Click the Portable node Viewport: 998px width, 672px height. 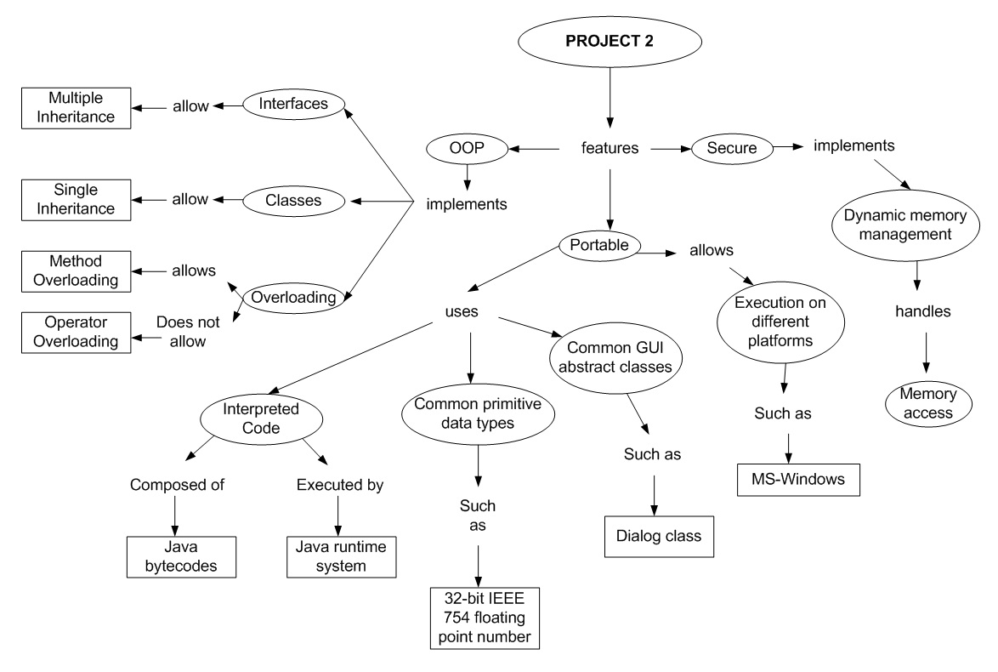pyautogui.click(x=600, y=245)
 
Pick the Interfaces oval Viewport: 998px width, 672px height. pyautogui.click(x=293, y=105)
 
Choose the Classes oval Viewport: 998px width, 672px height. pyautogui.click(x=293, y=201)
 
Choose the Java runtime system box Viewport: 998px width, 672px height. pyautogui.click(x=340, y=556)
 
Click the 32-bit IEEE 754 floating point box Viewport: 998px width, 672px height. pyautogui.click(x=484, y=618)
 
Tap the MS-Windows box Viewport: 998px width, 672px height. pyautogui.click(x=799, y=478)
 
